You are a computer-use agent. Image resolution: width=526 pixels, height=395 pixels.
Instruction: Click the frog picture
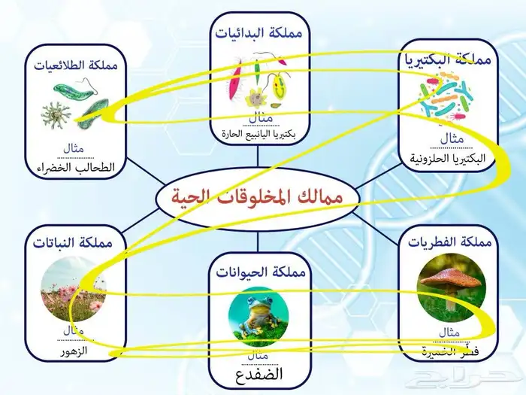click(257, 312)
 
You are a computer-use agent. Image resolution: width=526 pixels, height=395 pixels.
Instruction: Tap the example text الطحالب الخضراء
click(77, 167)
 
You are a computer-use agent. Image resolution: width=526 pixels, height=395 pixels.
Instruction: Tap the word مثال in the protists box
click(76, 147)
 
